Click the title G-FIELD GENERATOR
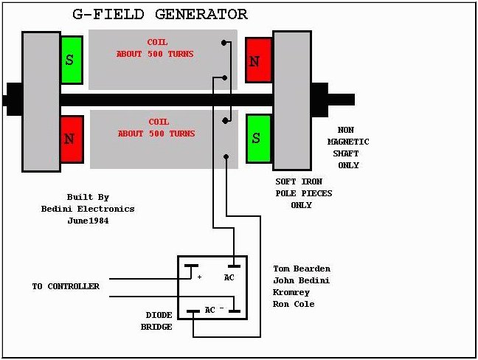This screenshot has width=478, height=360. (160, 14)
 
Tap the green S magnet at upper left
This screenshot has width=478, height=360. (72, 60)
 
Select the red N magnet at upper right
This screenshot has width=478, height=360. (258, 60)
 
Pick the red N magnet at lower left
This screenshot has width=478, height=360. (72, 139)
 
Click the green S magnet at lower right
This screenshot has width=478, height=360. (258, 139)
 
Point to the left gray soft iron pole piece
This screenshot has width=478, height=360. (41, 102)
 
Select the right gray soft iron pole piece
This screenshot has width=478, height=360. (292, 100)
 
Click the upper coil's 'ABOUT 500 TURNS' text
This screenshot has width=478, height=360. (155, 54)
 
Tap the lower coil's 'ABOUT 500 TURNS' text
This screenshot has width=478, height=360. (156, 134)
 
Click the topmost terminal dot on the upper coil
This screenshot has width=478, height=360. (224, 43)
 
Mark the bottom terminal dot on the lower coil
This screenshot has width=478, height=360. (226, 156)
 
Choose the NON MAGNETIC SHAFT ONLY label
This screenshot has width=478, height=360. (348, 148)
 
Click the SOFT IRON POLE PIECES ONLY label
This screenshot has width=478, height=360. (304, 193)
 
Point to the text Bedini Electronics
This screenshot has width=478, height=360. (88, 209)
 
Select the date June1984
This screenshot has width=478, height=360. (88, 221)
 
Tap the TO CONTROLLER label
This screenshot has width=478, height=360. (66, 286)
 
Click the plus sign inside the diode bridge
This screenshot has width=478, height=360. (199, 277)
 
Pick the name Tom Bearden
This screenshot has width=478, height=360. (302, 269)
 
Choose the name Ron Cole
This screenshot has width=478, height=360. (294, 304)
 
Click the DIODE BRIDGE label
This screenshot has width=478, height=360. (156, 321)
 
